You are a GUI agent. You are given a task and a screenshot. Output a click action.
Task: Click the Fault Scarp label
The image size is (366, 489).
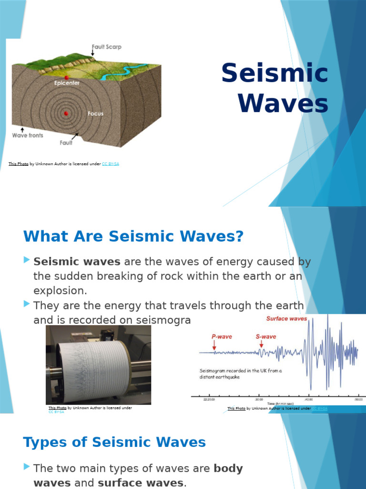(x=106, y=47)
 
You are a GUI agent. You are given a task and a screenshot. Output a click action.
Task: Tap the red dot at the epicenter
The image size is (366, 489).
(x=67, y=77)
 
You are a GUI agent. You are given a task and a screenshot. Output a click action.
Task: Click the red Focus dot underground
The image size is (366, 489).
(x=66, y=114)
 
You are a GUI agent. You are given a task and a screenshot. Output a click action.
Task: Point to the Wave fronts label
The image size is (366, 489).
(x=27, y=135)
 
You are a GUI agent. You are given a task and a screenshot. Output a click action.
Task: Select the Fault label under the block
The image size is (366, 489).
(x=66, y=142)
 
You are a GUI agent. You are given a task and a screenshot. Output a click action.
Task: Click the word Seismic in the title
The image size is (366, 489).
(x=275, y=74)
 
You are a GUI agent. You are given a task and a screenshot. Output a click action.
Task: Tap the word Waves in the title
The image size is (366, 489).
(x=283, y=104)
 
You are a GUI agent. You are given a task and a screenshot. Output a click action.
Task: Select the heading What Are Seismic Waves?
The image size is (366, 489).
(x=133, y=236)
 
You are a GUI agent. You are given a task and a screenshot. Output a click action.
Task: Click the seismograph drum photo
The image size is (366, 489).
(x=98, y=364)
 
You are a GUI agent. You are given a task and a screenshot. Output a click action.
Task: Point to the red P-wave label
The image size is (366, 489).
(x=222, y=337)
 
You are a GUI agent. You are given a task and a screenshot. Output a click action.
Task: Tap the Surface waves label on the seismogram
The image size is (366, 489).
(x=286, y=319)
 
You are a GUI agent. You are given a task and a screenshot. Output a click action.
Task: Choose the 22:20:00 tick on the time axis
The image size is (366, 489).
(x=209, y=399)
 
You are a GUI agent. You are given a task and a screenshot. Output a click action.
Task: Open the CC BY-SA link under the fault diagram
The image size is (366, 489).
(x=110, y=164)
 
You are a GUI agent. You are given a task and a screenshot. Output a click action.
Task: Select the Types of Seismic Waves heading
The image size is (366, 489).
(x=114, y=442)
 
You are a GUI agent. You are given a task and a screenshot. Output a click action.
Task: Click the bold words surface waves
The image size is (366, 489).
(x=140, y=483)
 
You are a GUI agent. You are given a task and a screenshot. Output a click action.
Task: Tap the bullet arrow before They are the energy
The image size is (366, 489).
(x=26, y=304)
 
